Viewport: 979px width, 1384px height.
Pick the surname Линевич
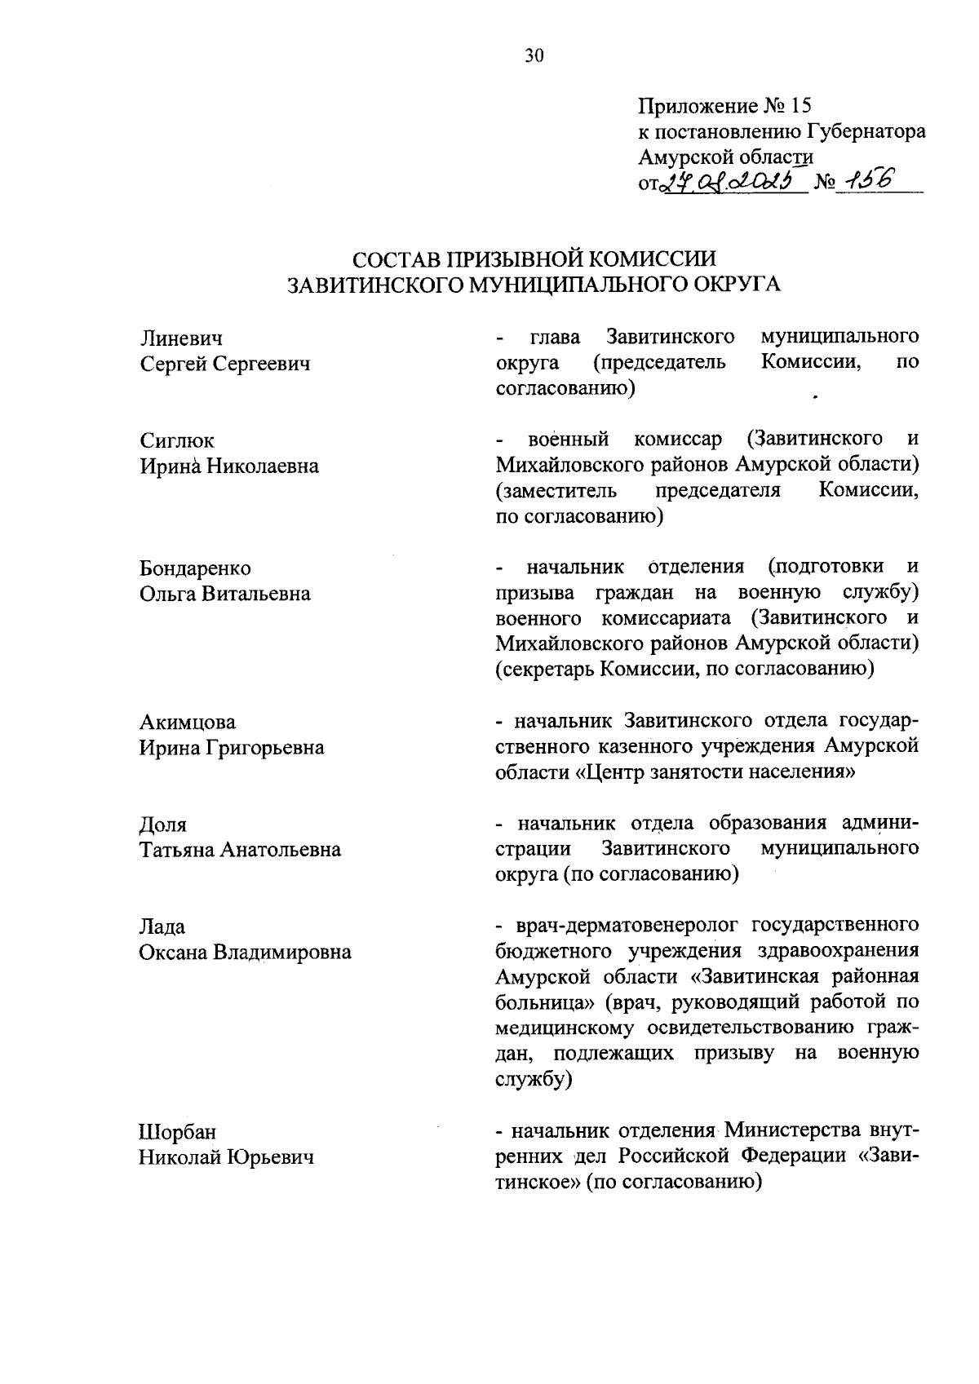pos(181,338)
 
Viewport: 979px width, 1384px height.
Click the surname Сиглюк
pos(177,440)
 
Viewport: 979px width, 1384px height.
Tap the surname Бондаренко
pos(195,568)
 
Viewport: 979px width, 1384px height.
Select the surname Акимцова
pos(188,722)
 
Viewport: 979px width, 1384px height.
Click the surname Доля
pos(163,825)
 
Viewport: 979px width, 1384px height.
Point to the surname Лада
pos(162,927)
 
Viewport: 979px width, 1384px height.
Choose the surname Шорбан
pos(178,1132)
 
